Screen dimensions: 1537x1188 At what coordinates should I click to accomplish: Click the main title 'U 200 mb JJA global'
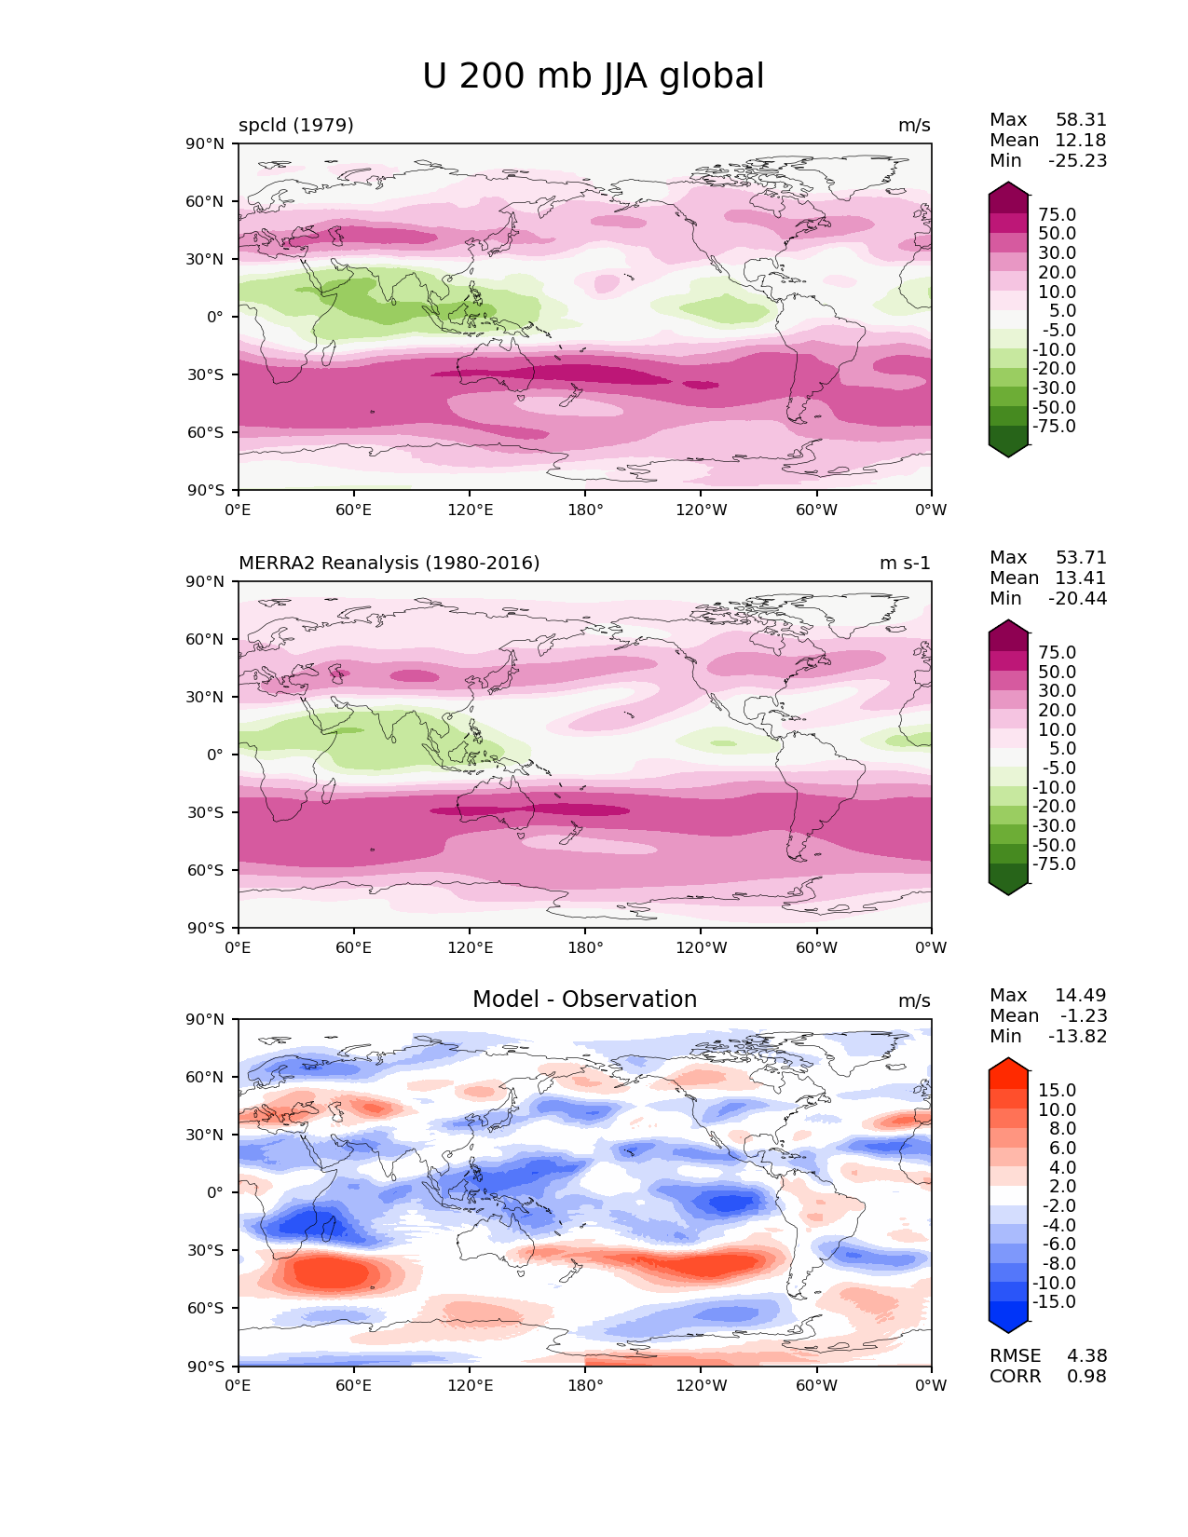[x=593, y=76]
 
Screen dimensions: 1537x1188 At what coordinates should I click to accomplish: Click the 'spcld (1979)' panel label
[x=295, y=126]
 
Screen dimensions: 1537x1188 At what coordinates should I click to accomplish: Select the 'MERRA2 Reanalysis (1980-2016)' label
[x=389, y=564]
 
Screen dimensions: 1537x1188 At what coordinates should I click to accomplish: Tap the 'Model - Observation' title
[x=584, y=1000]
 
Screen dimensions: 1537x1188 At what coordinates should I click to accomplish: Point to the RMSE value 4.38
[x=1086, y=1356]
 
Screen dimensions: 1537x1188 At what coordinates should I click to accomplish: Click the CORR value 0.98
[x=1086, y=1377]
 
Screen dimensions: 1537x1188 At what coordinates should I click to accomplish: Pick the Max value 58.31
[x=1081, y=120]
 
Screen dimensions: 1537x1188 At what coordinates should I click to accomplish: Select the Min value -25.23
[x=1077, y=161]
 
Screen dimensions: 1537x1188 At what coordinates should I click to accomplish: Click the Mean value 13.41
[x=1081, y=578]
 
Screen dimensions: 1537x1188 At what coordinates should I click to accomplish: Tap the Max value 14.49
[x=1081, y=996]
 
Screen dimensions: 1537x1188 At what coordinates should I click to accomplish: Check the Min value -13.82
[x=1077, y=1037]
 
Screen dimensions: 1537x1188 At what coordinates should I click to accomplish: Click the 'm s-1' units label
[x=905, y=564]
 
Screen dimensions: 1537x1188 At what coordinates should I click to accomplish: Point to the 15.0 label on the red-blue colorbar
[x=1058, y=1091]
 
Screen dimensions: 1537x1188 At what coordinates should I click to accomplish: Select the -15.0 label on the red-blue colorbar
[x=1054, y=1302]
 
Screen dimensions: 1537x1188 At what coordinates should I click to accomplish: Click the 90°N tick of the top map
[x=206, y=143]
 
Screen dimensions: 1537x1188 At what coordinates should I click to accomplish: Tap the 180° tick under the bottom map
[x=585, y=1386]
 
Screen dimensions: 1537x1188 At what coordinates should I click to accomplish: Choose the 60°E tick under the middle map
[x=354, y=948]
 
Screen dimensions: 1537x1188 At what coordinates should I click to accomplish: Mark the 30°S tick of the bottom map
[x=206, y=1250]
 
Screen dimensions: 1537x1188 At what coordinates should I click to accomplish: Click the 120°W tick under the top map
[x=702, y=510]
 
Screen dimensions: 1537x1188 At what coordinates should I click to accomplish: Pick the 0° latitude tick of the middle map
[x=214, y=755]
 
